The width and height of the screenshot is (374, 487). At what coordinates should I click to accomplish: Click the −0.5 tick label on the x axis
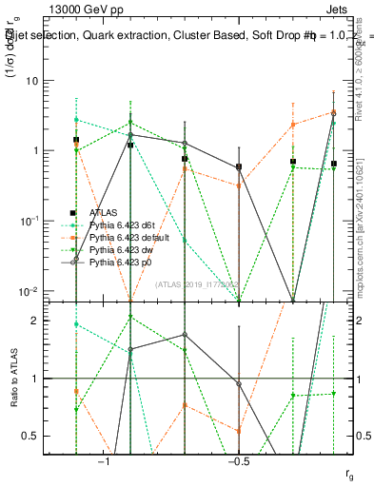pos(238,462)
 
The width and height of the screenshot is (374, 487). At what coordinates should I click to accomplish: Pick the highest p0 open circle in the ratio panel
pos(185,335)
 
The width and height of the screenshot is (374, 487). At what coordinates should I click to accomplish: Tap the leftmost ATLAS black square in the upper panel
pos(76,140)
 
